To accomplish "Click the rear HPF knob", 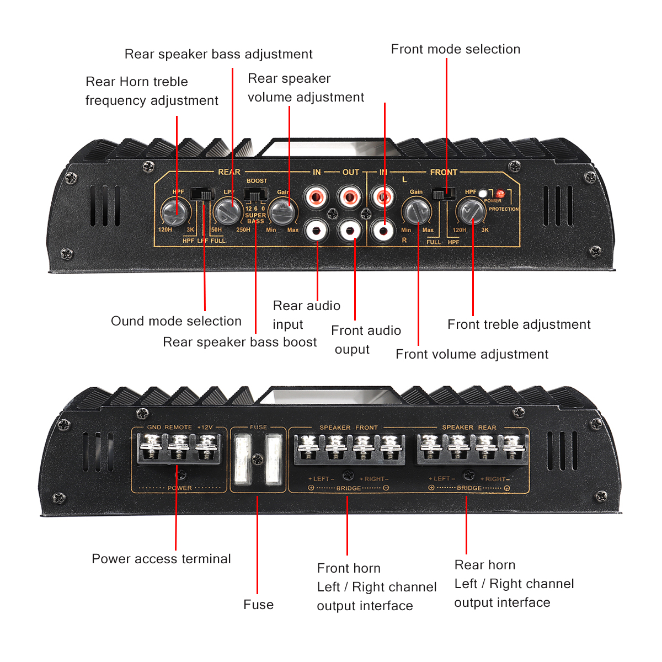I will pos(175,210).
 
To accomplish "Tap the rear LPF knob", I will pos(226,210).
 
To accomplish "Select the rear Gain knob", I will pos(282,211).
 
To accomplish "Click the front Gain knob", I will pos(417,211).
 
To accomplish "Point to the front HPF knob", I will pos(470,211).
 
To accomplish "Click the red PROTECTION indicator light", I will pos(500,194).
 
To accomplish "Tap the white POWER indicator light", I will pos(483,193).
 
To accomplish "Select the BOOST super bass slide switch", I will pos(255,195).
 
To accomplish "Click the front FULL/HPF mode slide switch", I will pos(444,194).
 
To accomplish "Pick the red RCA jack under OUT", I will pos(349,196).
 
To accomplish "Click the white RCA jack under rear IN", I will pos(317,230).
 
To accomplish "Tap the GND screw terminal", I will pos(153,444).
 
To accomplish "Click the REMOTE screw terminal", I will pos(179,444).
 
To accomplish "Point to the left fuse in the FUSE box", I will pos(242,460).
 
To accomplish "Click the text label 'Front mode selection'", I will pos(455,49).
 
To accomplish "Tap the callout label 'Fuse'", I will pos(258,605).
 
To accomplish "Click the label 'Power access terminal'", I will pos(161,559).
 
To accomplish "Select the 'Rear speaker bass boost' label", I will pos(239,342).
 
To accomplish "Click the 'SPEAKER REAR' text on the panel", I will pos(469,428).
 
